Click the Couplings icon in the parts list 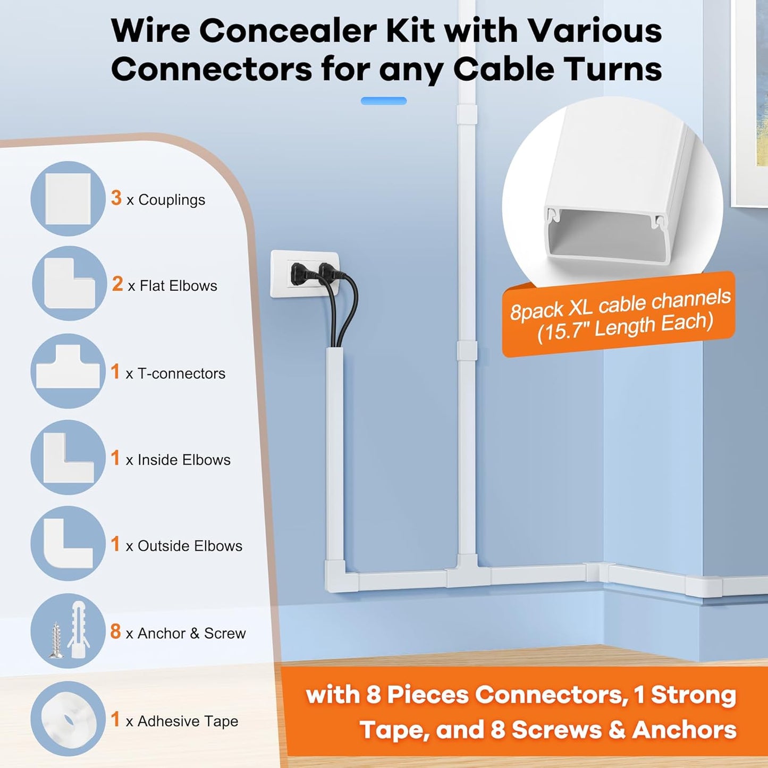(x=68, y=199)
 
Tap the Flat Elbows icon (x=69, y=284)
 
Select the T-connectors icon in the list (x=68, y=372)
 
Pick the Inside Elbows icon (x=68, y=458)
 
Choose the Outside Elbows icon (x=68, y=544)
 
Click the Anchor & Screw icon (x=68, y=631)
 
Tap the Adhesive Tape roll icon (x=68, y=719)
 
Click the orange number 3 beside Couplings (x=116, y=198)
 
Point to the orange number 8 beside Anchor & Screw (x=115, y=631)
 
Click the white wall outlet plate (x=304, y=274)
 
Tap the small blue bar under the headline (x=383, y=101)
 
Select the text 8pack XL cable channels (x=620, y=304)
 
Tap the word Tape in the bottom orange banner (x=393, y=730)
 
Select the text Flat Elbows (x=178, y=286)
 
